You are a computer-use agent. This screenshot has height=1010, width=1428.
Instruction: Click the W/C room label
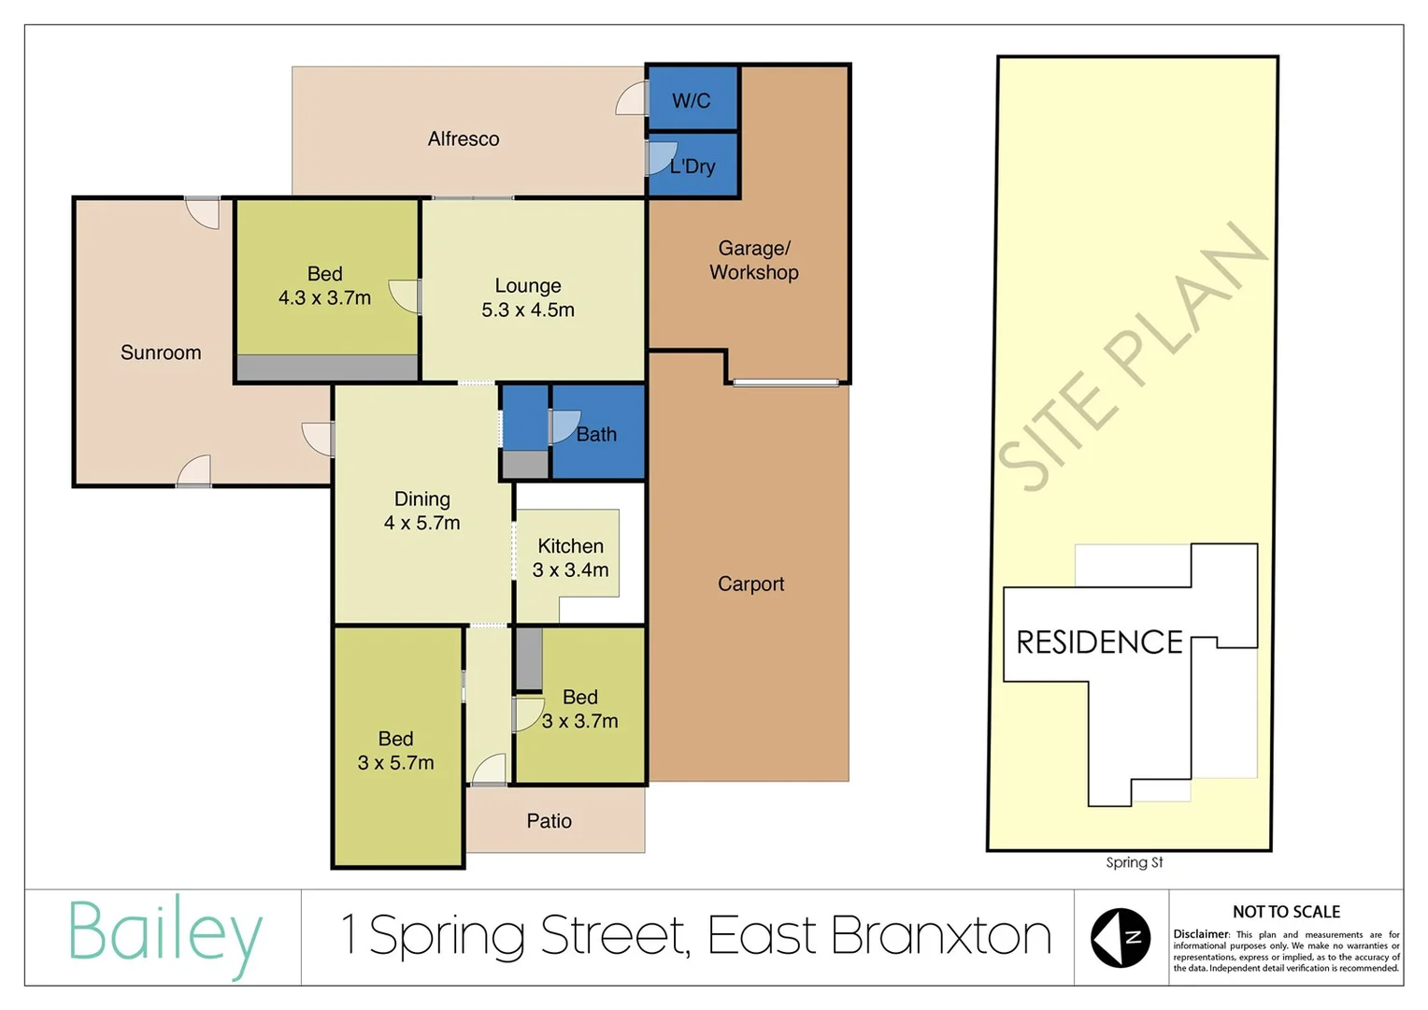tap(691, 101)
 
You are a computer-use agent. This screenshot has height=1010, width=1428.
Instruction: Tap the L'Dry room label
tap(693, 166)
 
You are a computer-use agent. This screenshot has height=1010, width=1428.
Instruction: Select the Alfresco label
tap(464, 139)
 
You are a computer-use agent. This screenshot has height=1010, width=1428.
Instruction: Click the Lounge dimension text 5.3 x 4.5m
tap(528, 310)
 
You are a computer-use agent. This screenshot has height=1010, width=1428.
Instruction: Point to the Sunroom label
tap(161, 353)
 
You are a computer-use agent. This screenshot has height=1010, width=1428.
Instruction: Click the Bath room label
tap(596, 435)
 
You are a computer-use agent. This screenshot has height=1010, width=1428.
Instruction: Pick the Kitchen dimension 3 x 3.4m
tap(570, 570)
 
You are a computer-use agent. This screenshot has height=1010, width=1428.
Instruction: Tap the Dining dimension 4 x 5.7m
tap(421, 524)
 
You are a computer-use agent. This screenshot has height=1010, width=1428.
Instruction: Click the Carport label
tap(750, 584)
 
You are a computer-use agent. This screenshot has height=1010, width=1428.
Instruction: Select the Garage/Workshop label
tap(753, 261)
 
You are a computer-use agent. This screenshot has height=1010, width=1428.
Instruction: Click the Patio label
tap(549, 821)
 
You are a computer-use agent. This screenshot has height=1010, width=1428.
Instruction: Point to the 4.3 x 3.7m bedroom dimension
tap(324, 298)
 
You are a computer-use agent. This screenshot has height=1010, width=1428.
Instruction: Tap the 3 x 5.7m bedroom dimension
tap(395, 763)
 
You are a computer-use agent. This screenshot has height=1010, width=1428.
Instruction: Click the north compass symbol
tap(1121, 937)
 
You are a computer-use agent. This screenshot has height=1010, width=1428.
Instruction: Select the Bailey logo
tap(164, 935)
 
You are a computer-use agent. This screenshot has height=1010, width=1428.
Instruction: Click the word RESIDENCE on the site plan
tap(1099, 642)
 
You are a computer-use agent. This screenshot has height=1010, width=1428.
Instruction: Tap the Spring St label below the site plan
tap(1134, 862)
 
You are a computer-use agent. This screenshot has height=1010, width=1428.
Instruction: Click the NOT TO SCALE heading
tap(1286, 912)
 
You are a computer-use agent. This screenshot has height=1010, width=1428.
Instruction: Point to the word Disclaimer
tap(1201, 934)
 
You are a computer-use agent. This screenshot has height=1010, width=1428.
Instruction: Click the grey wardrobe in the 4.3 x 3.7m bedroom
tap(326, 368)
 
